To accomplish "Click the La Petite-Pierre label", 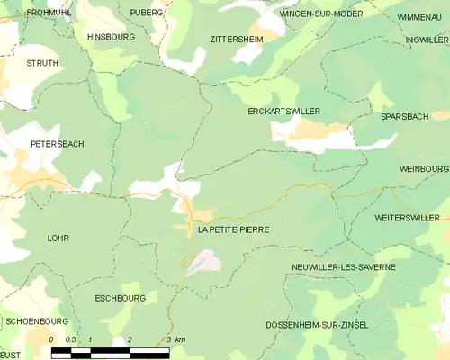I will coord(233,229).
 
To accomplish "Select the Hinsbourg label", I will coord(110,37).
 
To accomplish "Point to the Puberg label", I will coord(147,13).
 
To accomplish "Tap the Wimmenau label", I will coord(419,17).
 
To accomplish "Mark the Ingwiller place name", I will coord(427,40).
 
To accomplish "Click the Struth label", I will coord(42,64).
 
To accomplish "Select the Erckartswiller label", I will coord(284,111).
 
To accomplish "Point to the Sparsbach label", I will coord(403,118).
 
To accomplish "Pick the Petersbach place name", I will coord(57,143).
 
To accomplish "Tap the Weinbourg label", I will coord(423,168).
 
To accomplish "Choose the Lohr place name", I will coord(58,238).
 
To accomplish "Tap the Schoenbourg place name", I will coord(37,320).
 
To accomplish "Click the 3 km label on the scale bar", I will coord(175,339).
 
